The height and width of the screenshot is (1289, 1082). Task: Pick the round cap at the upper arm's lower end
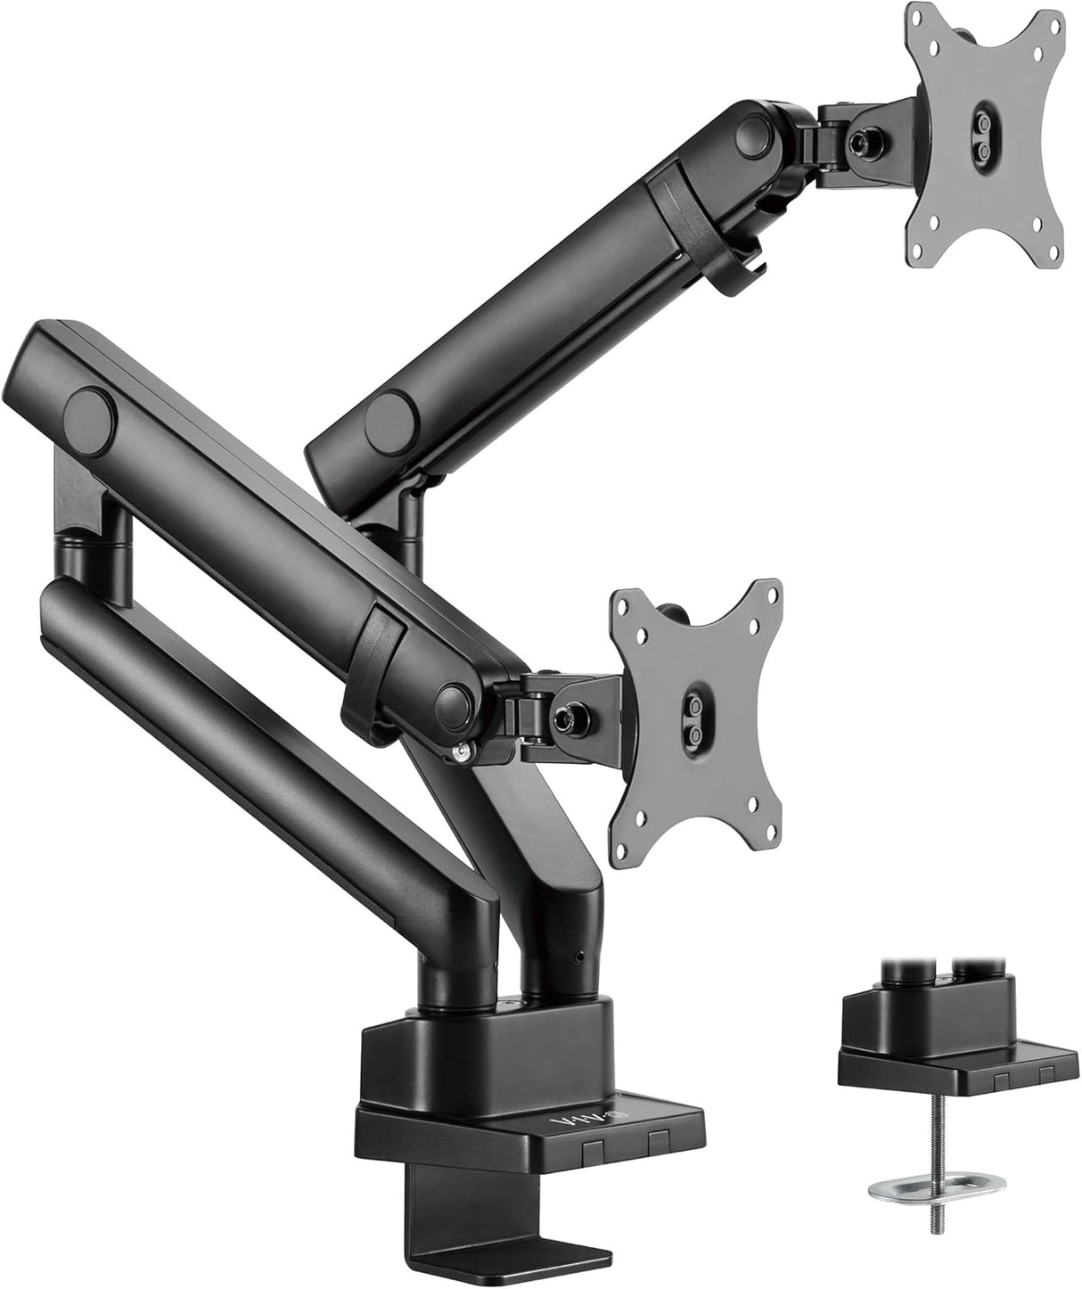391,390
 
